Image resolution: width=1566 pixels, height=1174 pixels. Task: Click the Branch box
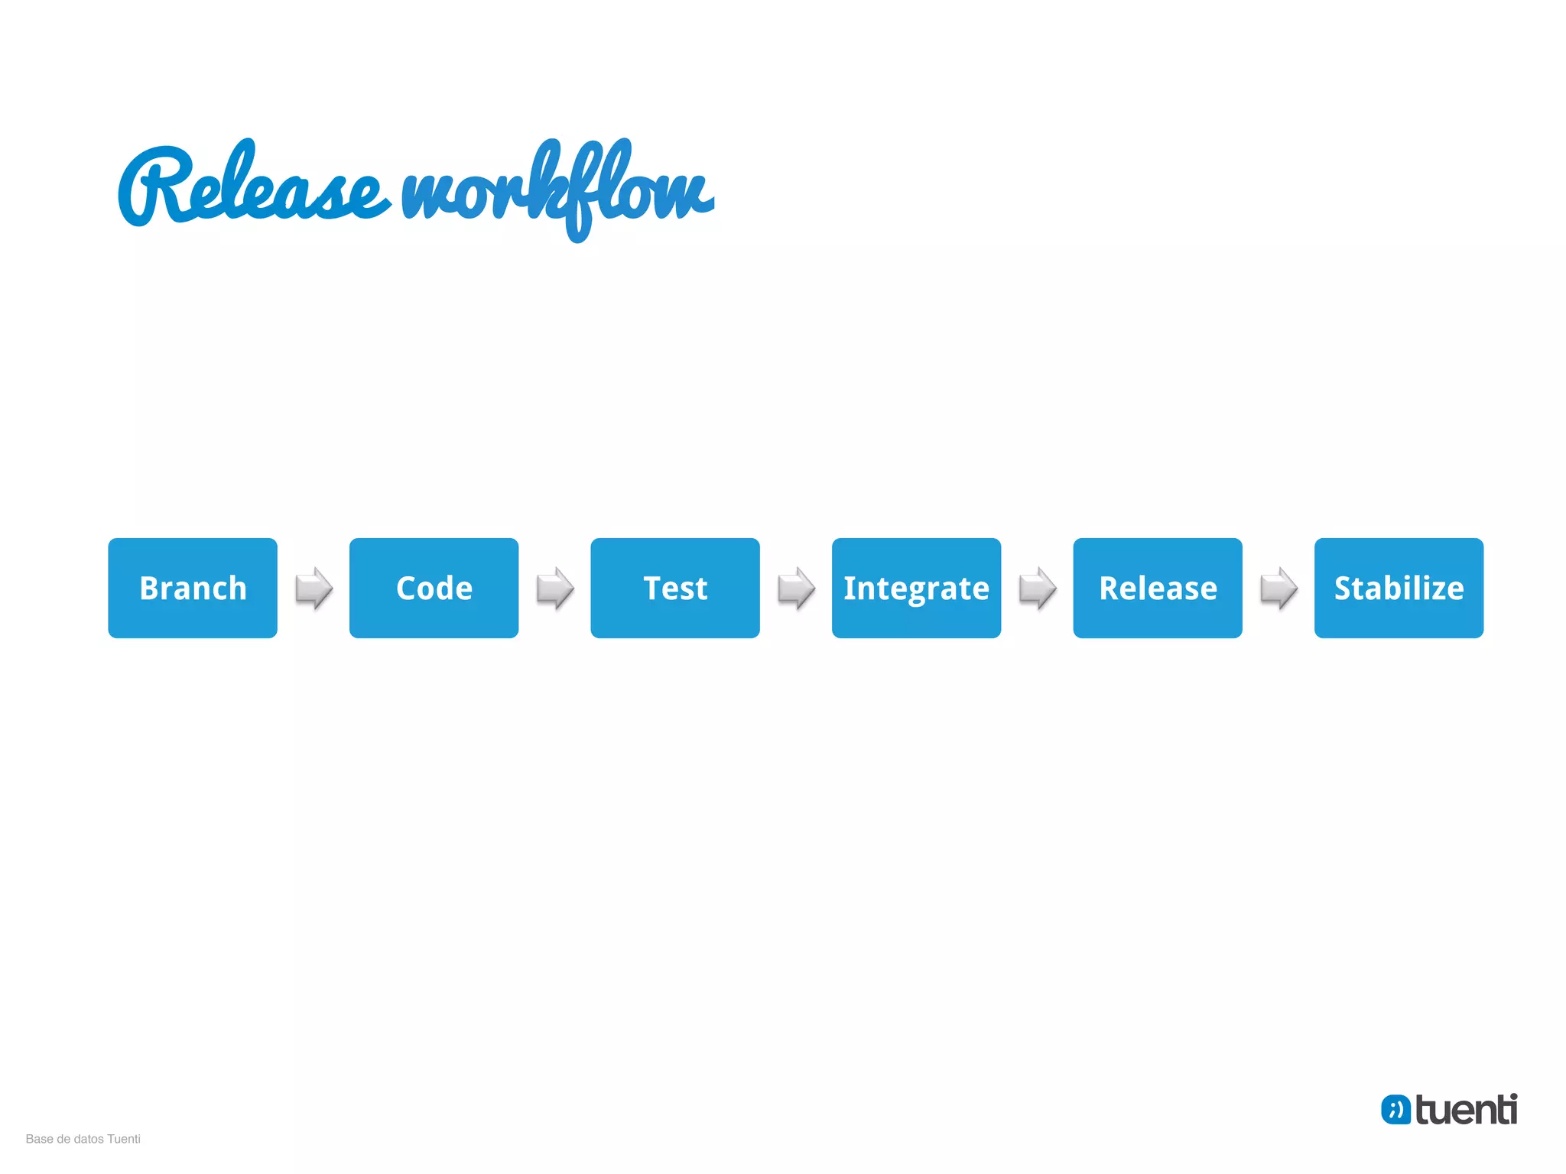click(x=193, y=588)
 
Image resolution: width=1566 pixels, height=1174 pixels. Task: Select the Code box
click(x=434, y=588)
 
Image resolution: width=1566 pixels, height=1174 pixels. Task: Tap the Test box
click(x=675, y=588)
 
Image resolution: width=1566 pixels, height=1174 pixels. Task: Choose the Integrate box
click(x=916, y=588)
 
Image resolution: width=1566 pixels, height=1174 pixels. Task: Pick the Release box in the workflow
click(x=1158, y=588)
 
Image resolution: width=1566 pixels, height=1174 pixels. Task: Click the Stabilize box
click(x=1399, y=588)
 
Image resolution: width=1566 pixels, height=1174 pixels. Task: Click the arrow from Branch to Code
click(x=314, y=588)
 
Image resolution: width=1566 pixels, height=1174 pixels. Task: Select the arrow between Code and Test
click(x=554, y=588)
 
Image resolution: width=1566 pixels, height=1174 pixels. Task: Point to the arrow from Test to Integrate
click(x=796, y=588)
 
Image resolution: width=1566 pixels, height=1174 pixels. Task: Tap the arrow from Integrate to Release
click(x=1037, y=588)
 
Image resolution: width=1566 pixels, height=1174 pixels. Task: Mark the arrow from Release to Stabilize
click(x=1278, y=588)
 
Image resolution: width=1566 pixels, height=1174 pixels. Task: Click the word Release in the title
click(x=252, y=187)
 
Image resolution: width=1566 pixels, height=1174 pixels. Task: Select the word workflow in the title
click(x=558, y=191)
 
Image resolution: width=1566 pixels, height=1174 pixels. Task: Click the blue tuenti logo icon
click(x=1395, y=1110)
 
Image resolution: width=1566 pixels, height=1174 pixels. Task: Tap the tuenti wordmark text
click(x=1466, y=1110)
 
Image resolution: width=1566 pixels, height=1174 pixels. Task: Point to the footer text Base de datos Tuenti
click(x=83, y=1139)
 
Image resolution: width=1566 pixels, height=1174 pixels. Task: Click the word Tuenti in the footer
click(x=124, y=1139)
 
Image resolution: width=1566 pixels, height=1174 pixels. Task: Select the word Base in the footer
click(x=39, y=1139)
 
